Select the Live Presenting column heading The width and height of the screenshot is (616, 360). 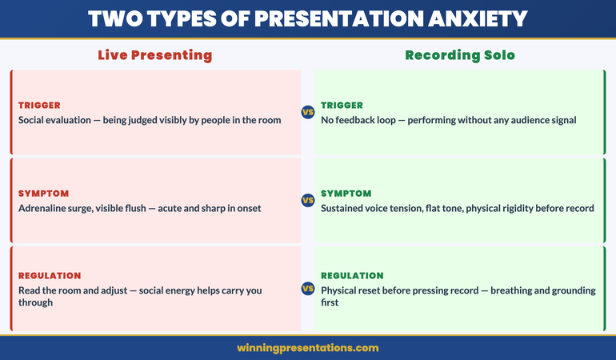pos(154,55)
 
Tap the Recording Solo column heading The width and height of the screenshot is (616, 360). pos(459,55)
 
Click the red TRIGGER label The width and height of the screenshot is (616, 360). pos(39,105)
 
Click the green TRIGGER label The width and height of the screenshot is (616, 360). pos(342,105)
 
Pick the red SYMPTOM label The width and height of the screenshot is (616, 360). pos(43,194)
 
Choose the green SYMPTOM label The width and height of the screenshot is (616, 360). pos(346,194)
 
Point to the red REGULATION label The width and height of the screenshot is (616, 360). pos(50,276)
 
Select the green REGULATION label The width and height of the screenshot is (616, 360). pos(352,276)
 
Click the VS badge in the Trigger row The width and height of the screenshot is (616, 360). pos(307,112)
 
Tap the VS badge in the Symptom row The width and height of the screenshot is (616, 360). pos(307,200)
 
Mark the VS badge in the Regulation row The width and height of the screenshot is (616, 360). pos(307,289)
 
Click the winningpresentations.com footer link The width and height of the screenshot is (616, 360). pos(308,348)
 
